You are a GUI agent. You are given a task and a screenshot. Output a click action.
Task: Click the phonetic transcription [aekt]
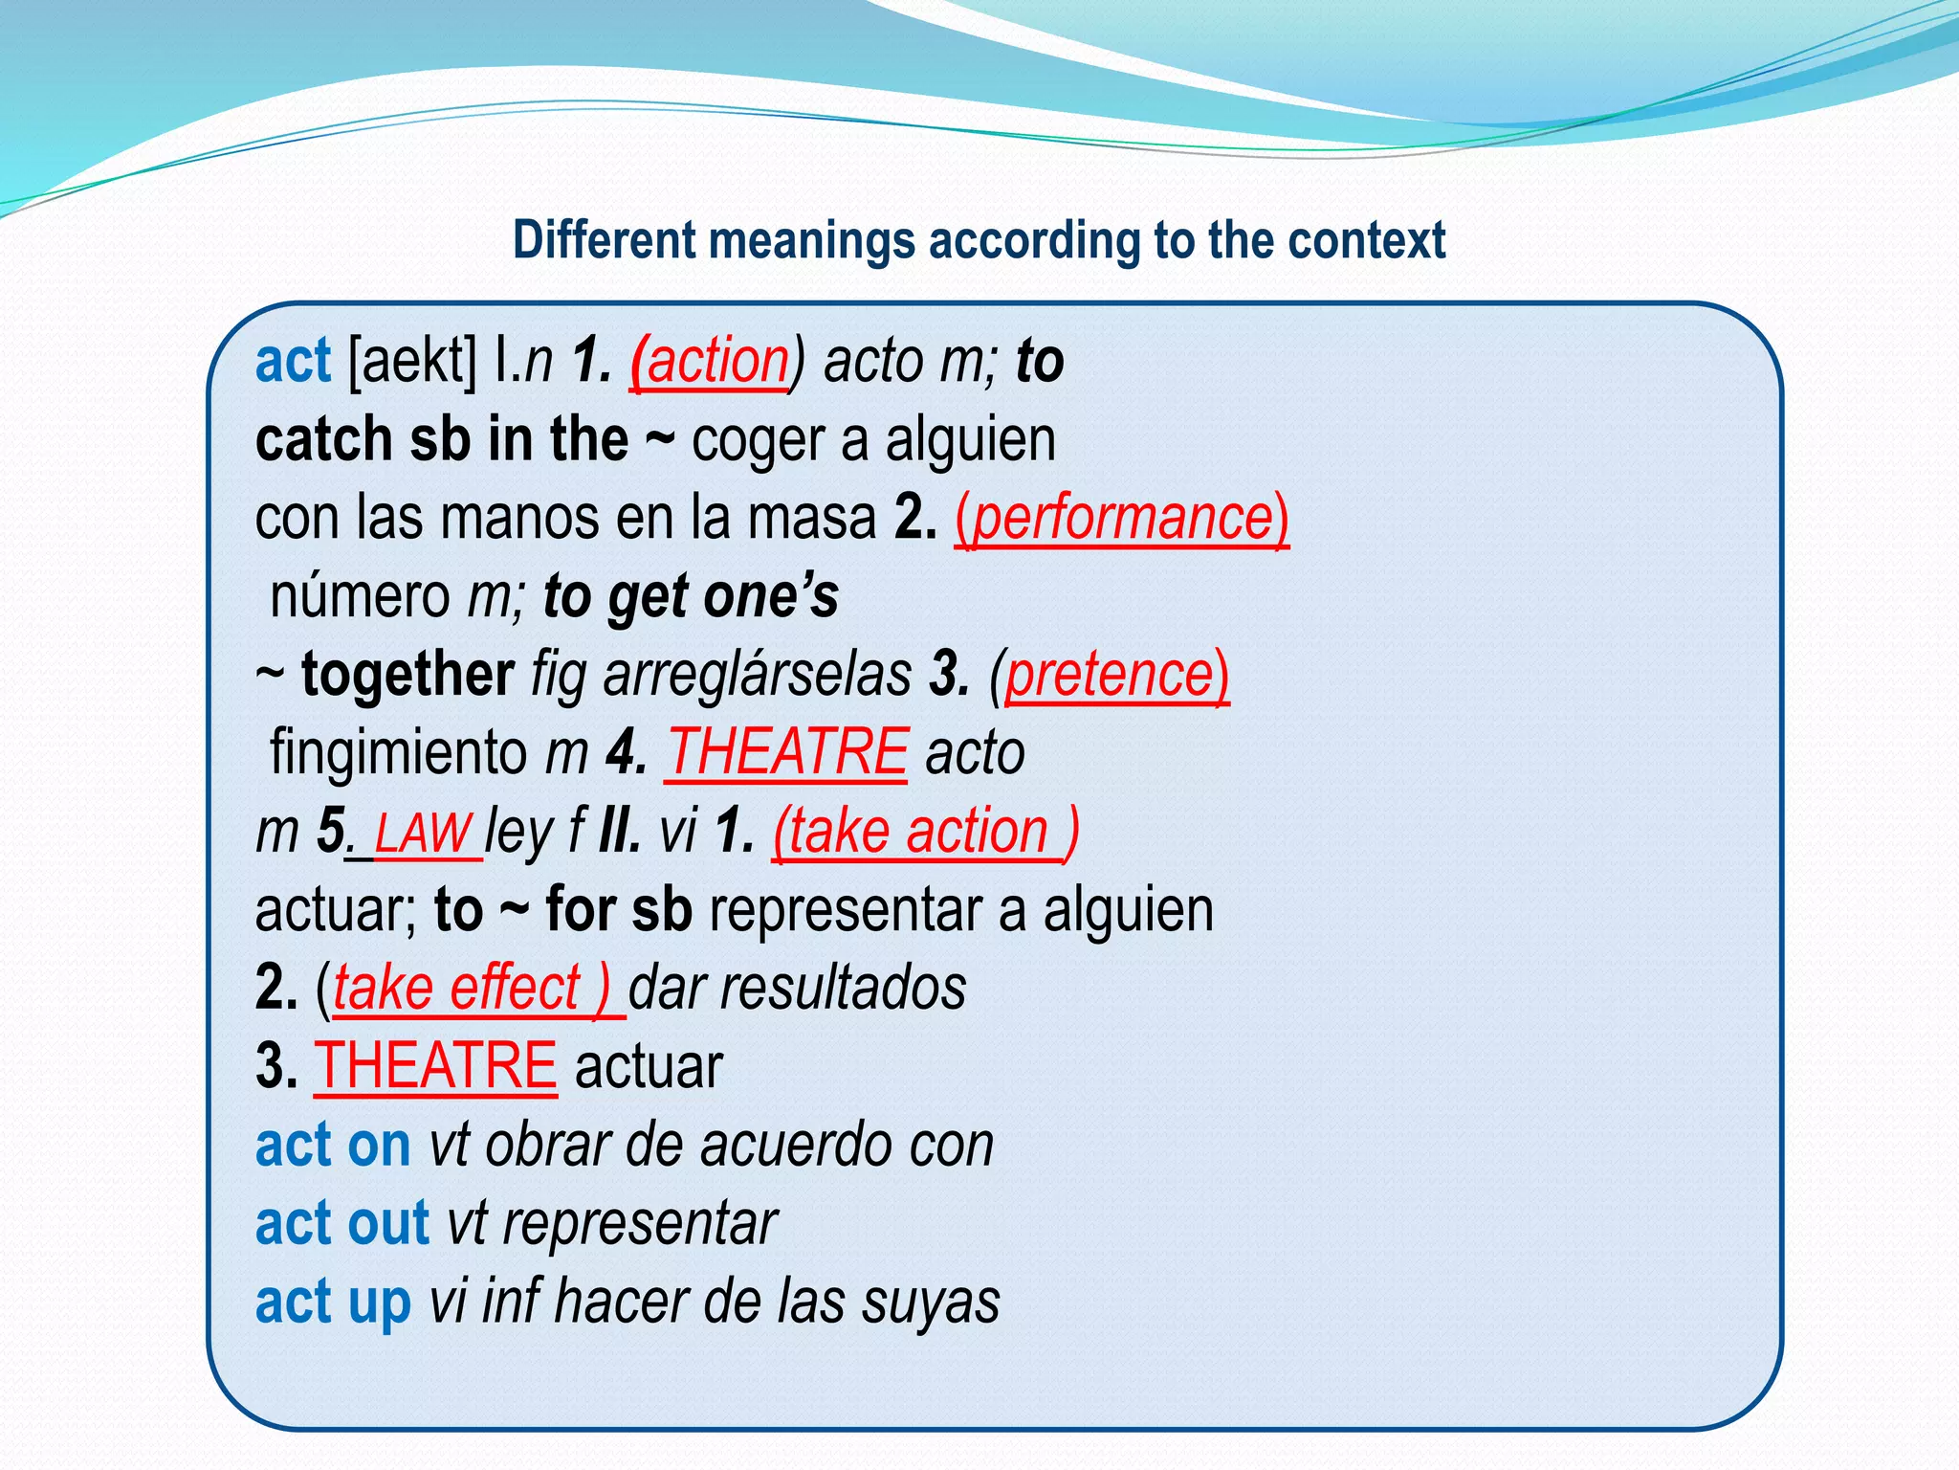tap(413, 362)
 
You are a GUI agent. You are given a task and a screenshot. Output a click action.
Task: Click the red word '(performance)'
tap(1121, 519)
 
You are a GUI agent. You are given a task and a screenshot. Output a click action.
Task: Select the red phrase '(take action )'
tap(926, 831)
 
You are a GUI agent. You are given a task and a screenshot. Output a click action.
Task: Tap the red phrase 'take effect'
tap(457, 988)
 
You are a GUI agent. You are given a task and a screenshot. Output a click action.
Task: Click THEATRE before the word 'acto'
tap(786, 752)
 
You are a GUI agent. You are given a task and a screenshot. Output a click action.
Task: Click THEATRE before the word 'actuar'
tap(435, 1066)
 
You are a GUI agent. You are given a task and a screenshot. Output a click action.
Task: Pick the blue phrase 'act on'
tap(333, 1145)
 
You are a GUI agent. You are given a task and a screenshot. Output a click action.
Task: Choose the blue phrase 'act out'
tap(342, 1223)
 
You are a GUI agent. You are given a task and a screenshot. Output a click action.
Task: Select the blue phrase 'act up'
tap(333, 1302)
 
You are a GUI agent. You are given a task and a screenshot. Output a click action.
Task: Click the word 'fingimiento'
tap(398, 752)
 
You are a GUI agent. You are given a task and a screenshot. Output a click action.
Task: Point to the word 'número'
tap(360, 596)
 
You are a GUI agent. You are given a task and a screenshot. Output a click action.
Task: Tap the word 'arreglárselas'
tap(758, 675)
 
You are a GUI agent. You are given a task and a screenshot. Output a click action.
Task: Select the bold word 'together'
tap(408, 675)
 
